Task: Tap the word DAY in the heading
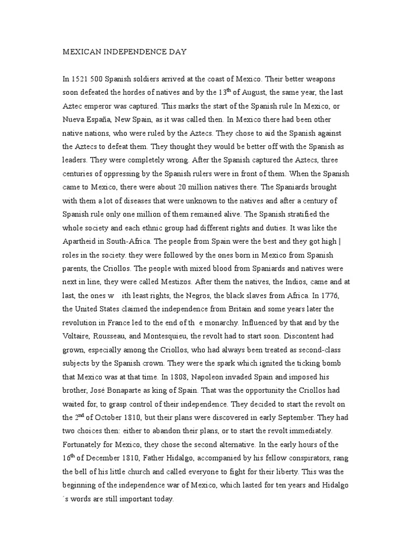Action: [x=176, y=53]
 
